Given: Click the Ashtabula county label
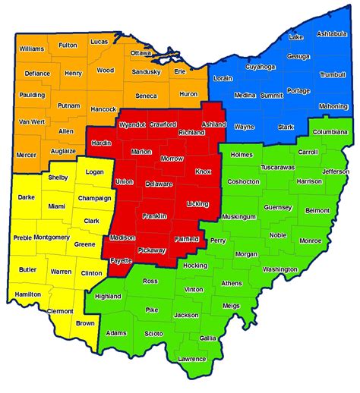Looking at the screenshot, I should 332,34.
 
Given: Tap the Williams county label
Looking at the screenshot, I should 33,49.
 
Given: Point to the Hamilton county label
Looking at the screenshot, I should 27,294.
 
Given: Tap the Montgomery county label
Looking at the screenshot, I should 52,237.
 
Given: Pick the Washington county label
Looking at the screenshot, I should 279,269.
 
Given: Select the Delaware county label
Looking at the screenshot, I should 159,184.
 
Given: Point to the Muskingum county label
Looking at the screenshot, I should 238,216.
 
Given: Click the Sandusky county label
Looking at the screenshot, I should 146,72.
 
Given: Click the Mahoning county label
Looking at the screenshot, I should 332,106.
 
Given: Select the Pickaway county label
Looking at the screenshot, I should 152,250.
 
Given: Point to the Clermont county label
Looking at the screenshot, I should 60,311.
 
